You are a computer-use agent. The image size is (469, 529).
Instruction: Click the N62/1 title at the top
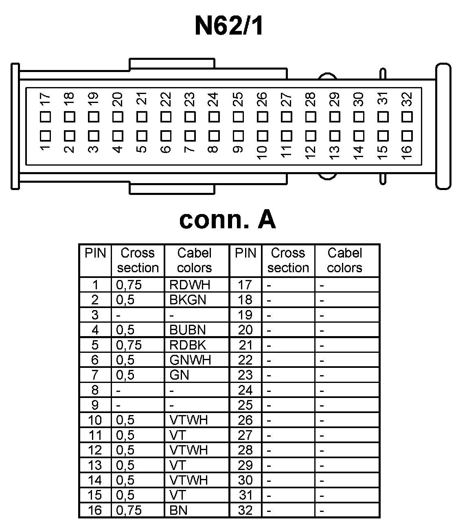(x=229, y=26)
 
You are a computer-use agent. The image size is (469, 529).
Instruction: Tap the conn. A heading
(x=228, y=220)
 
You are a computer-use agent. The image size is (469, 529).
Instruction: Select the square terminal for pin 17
(x=46, y=117)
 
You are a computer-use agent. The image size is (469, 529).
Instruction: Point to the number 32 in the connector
(x=407, y=99)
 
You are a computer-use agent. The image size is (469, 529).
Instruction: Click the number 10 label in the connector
(x=262, y=151)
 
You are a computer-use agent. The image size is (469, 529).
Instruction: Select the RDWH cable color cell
(x=190, y=285)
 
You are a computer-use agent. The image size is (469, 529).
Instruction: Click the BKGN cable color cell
(x=188, y=300)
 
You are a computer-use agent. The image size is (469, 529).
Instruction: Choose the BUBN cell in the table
(x=188, y=330)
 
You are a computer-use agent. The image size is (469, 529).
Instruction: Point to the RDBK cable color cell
(x=188, y=345)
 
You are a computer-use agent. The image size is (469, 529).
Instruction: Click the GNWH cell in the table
(x=190, y=360)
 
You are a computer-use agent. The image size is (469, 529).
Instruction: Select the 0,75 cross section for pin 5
(x=129, y=345)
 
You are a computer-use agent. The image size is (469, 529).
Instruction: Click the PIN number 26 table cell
(x=245, y=420)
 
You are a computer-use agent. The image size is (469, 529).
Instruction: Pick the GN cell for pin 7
(x=179, y=375)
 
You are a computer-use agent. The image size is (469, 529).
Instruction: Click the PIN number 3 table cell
(x=95, y=315)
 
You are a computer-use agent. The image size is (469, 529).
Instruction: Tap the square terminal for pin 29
(x=335, y=117)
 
